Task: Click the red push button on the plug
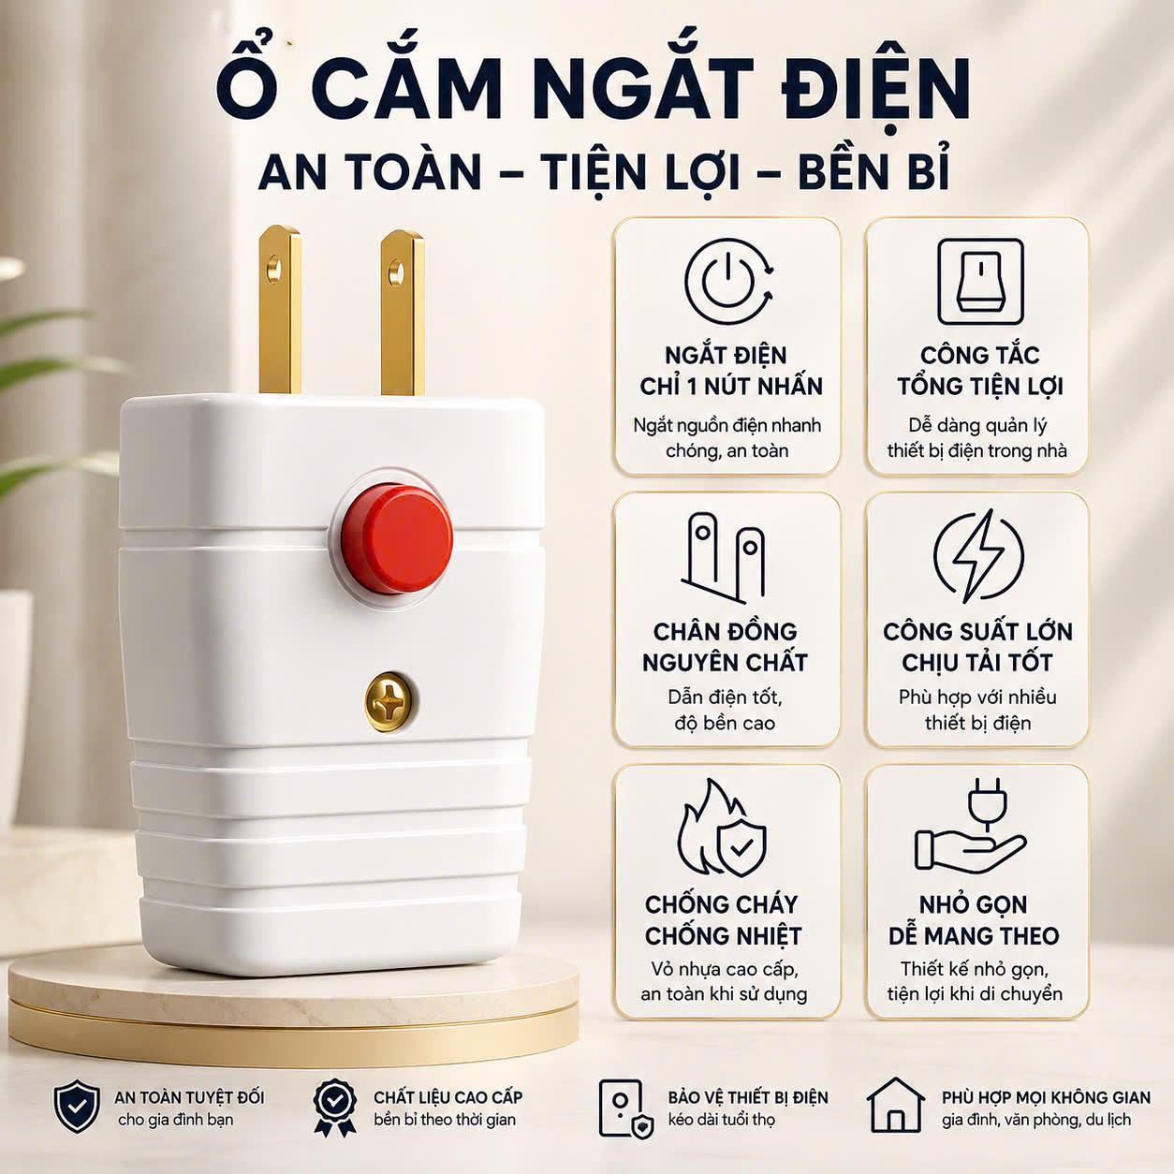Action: [x=397, y=537]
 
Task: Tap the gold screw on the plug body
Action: [x=391, y=703]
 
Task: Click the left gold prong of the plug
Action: [x=280, y=311]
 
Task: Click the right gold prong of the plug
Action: [x=402, y=313]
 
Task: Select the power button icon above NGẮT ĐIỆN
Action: [x=729, y=281]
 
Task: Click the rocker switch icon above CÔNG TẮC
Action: [x=980, y=282]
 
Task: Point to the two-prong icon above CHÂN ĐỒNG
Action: [x=725, y=557]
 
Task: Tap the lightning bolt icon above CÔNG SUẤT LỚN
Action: [x=978, y=555]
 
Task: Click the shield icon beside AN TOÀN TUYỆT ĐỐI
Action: [x=77, y=1107]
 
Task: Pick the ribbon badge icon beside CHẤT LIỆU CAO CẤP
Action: [x=334, y=1108]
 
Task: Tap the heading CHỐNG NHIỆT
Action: [x=723, y=936]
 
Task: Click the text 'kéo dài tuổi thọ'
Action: [x=721, y=1120]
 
